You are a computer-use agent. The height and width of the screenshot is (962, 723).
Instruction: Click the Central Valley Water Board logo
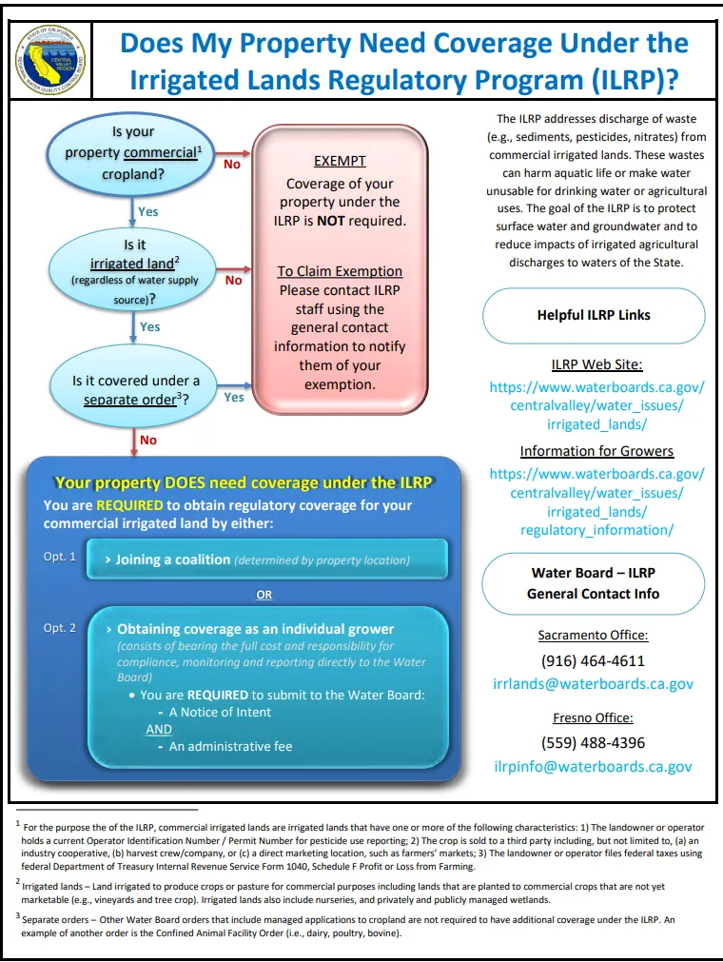pos(51,60)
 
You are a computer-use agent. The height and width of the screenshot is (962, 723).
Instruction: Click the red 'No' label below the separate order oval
pos(148,441)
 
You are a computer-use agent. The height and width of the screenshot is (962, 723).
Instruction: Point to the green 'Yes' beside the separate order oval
pos(234,398)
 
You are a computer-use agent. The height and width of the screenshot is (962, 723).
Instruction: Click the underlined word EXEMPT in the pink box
pos(340,162)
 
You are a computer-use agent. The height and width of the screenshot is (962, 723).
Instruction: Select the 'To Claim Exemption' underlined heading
pos(340,271)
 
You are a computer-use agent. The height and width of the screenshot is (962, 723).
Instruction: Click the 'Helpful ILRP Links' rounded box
pos(593,315)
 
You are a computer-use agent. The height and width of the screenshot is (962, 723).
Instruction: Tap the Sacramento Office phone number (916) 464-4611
pos(593,660)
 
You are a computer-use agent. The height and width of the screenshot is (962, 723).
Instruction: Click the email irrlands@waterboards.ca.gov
pos(593,683)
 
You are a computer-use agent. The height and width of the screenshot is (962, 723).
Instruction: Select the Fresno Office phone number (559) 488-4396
pos(593,742)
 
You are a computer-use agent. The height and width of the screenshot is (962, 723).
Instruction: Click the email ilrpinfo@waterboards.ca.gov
pos(593,766)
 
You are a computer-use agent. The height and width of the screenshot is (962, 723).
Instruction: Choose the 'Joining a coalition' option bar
pos(266,560)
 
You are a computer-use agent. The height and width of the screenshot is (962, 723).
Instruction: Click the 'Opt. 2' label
pos(59,628)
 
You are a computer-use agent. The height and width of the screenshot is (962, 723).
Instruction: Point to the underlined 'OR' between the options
pos(264,595)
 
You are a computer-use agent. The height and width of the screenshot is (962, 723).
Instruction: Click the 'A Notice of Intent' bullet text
pos(220,712)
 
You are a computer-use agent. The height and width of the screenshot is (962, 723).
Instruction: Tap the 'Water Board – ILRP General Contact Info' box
pos(593,583)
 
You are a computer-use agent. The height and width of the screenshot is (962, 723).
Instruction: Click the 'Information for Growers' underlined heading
pos(596,451)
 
